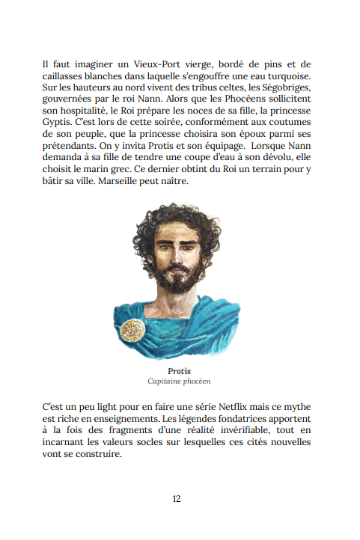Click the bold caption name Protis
pos(180,371)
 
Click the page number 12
pos(177,499)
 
